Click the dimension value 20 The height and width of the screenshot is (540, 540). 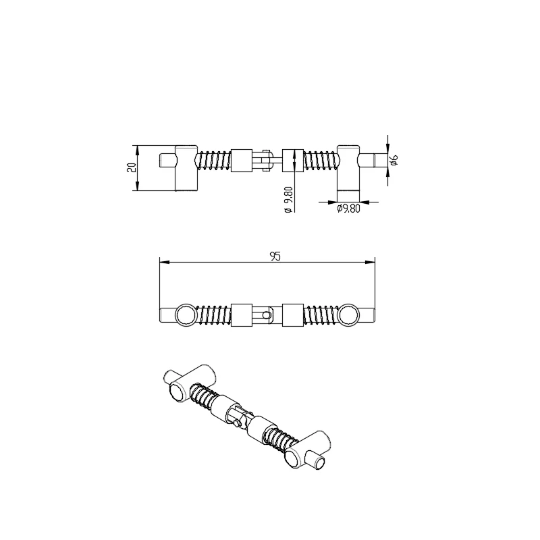tap(132, 167)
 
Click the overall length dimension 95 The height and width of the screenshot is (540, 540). tap(275, 256)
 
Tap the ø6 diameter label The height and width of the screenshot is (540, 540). tap(395, 160)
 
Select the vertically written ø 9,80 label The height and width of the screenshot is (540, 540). tap(288, 200)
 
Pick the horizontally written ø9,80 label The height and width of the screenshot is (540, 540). tap(348, 209)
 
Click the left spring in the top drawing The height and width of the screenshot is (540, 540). tap(213, 161)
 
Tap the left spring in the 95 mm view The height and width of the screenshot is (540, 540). tap(214, 315)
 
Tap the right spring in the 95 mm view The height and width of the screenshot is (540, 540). tap(321, 315)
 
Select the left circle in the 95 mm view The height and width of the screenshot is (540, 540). tap(184, 315)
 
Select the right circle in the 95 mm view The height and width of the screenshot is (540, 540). tap(349, 315)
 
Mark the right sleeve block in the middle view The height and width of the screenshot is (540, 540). tap(293, 315)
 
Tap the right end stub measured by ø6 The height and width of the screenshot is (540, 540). tap(369, 161)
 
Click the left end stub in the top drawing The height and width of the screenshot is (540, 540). tap(167, 161)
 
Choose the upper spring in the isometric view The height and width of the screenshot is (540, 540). tap(200, 396)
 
